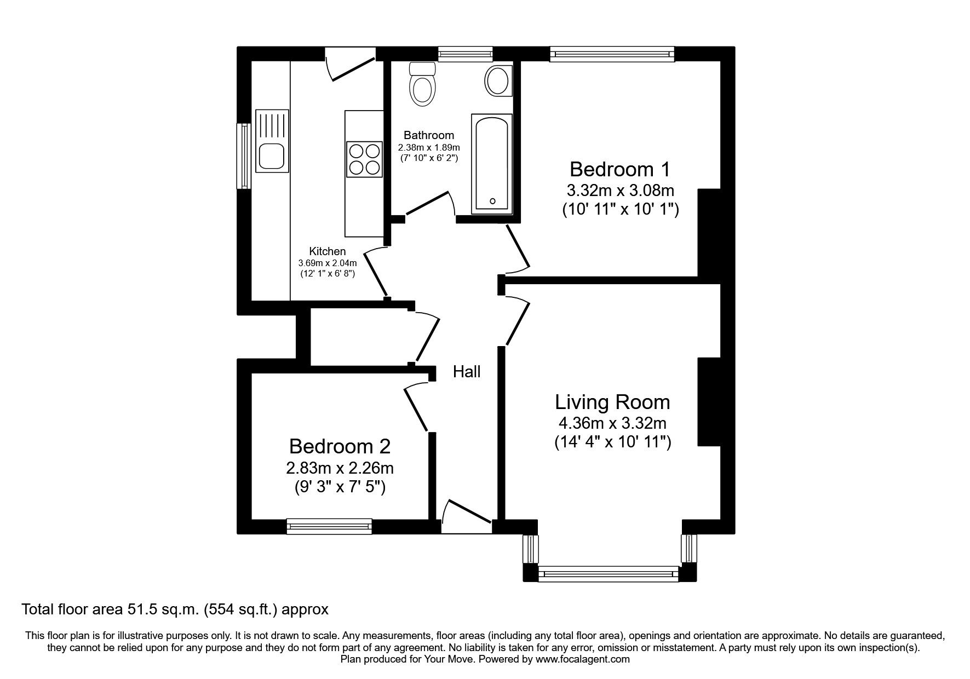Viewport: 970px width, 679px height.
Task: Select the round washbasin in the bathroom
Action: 498,80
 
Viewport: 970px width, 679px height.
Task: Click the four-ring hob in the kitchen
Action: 364,159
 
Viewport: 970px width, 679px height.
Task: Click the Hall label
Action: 467,372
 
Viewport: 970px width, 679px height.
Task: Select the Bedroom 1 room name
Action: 619,169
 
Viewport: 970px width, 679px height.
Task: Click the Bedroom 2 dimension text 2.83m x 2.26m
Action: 340,468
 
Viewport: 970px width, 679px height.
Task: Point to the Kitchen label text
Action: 328,251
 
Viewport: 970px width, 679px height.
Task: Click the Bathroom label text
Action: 429,135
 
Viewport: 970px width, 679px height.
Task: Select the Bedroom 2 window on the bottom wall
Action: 329,527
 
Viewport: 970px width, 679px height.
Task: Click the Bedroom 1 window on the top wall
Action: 611,54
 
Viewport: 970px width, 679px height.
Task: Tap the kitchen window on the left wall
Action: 244,156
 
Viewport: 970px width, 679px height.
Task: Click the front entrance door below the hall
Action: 467,520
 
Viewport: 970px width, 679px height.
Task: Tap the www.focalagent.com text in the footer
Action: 583,659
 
